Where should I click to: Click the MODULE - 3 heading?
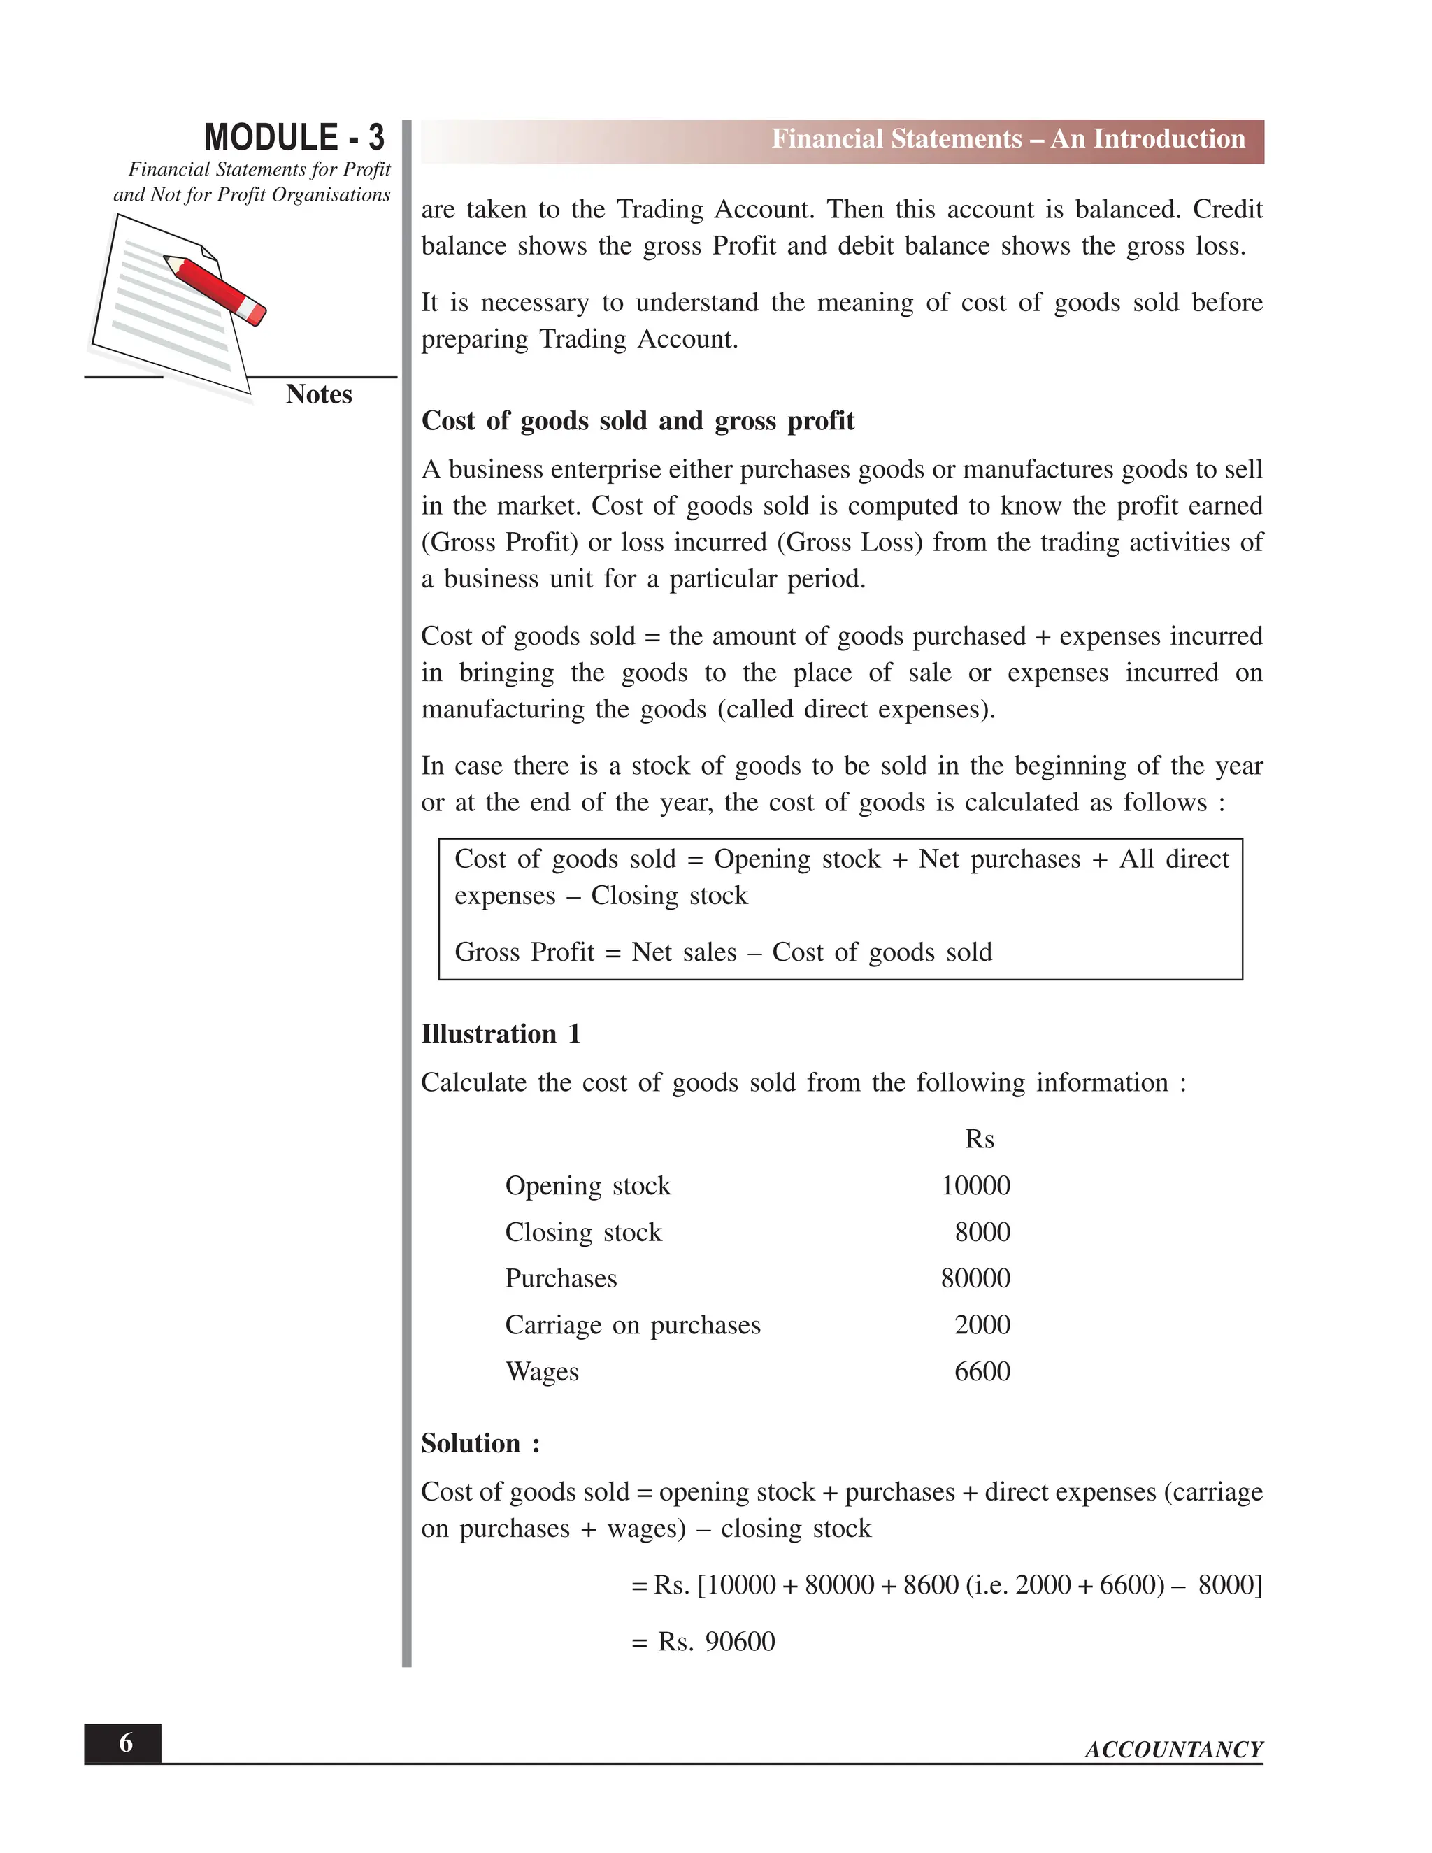tap(294, 138)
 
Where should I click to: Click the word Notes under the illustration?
tap(318, 394)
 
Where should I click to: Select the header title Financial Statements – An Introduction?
tap(1007, 139)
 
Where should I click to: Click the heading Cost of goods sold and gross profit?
tap(637, 421)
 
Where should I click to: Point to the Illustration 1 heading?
tap(501, 1034)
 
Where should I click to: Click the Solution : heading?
tap(480, 1443)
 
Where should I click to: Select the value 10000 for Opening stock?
tap(975, 1185)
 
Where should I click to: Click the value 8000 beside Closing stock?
tap(982, 1232)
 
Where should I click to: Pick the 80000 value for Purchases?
tap(975, 1279)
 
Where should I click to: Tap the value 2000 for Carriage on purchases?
tap(982, 1325)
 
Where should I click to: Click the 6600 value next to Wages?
tap(982, 1372)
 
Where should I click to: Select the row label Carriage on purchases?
tap(632, 1325)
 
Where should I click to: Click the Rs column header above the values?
tap(979, 1140)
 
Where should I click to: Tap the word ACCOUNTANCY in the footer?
tap(1173, 1750)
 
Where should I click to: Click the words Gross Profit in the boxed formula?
tap(524, 953)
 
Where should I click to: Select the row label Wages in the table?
tap(541, 1372)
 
